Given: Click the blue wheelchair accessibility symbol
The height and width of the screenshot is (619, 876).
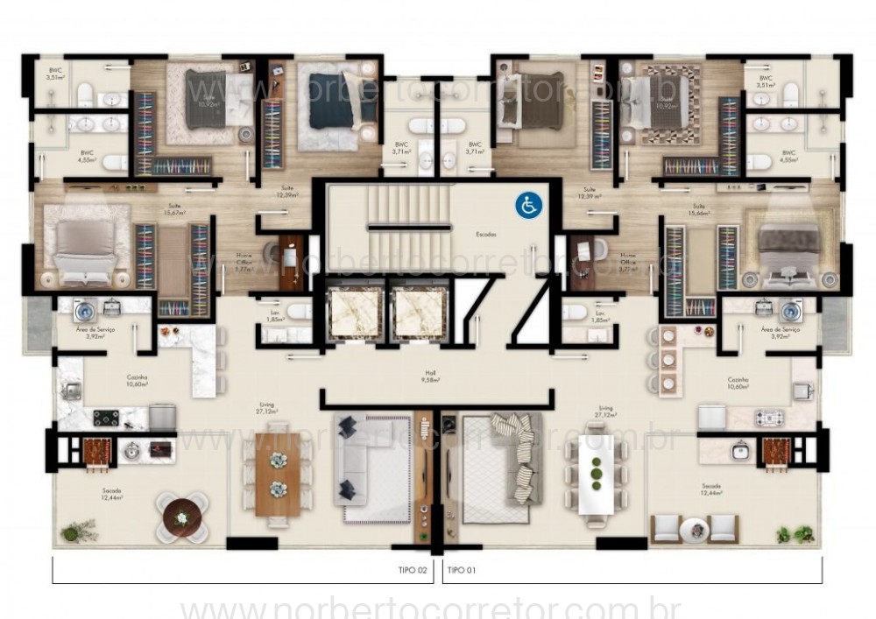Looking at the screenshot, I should click(528, 206).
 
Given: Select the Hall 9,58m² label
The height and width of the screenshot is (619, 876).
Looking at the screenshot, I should click(430, 376).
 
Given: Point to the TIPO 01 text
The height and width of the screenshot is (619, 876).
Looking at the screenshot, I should click(463, 570).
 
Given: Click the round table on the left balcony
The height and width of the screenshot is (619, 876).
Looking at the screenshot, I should click(182, 517).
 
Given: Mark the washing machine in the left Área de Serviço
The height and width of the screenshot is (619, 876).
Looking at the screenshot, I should click(86, 309).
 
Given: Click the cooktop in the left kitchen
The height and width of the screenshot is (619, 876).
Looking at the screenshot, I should click(107, 418).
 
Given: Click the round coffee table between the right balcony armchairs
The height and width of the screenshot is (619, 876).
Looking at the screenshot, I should click(694, 529).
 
